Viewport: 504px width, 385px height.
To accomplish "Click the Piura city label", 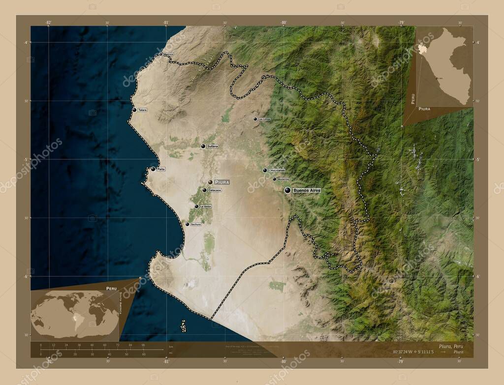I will coord(222,182).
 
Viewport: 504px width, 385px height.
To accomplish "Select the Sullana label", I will coord(213,147).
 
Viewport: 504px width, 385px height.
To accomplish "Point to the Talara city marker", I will coord(134,110).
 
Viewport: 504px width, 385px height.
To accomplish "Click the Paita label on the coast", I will coord(161,169).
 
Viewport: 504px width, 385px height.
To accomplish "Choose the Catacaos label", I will coord(215,190).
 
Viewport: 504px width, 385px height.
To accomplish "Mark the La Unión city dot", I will coord(196,207).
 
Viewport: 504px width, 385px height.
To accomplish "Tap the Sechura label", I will coord(195,224).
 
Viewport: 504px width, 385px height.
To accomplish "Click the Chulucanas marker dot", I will coord(265,171).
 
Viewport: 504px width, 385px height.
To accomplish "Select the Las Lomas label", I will coord(264,119).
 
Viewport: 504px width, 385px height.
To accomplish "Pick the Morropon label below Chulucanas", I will coord(283,179).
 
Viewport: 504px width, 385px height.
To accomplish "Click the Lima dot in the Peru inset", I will coord(436,78).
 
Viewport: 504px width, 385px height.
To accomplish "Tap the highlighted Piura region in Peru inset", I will coord(421,50).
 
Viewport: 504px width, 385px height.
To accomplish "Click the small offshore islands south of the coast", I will coord(183,326).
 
